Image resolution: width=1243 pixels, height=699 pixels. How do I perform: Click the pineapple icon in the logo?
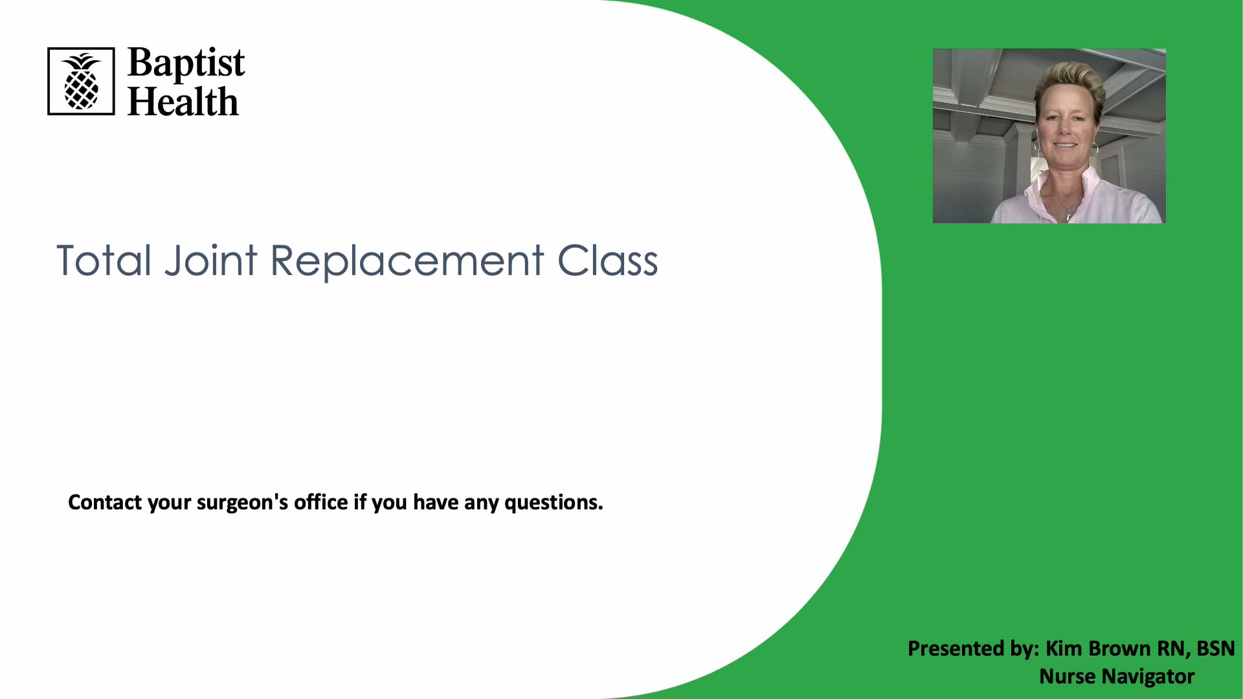click(81, 82)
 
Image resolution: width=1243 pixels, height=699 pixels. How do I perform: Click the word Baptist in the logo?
click(186, 63)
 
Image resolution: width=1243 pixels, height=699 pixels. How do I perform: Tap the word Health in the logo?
click(183, 102)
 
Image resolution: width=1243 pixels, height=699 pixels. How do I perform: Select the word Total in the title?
click(104, 261)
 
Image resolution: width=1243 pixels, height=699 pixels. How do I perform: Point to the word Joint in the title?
click(211, 261)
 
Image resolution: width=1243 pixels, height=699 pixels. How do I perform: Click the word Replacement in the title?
click(407, 261)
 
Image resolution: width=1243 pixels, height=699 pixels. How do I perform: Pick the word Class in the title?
click(607, 261)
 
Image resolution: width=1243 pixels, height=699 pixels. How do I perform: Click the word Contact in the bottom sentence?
click(104, 502)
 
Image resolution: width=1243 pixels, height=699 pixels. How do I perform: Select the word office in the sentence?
click(320, 502)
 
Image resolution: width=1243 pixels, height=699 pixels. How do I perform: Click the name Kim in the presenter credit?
click(1064, 649)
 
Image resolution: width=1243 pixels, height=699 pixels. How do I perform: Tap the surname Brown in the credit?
click(1119, 649)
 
